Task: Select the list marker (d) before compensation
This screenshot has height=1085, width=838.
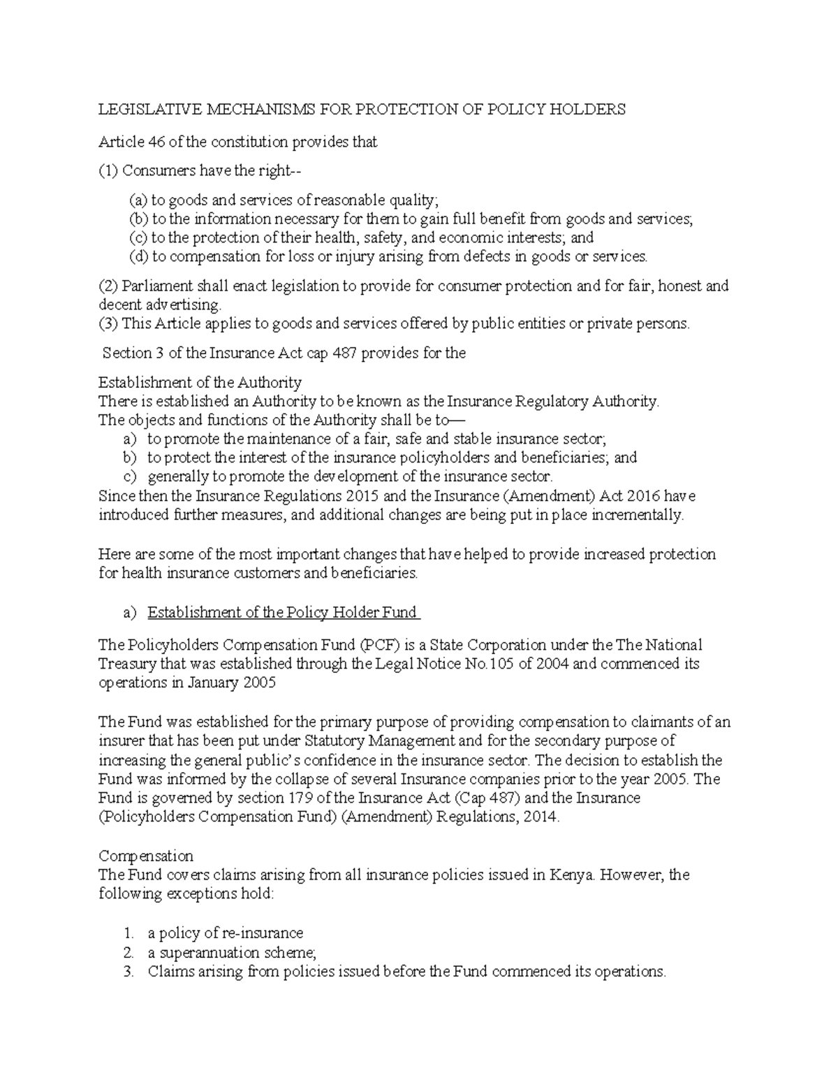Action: click(140, 256)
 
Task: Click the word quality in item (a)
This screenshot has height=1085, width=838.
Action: click(415, 201)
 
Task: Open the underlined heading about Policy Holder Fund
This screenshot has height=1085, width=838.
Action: click(284, 613)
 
